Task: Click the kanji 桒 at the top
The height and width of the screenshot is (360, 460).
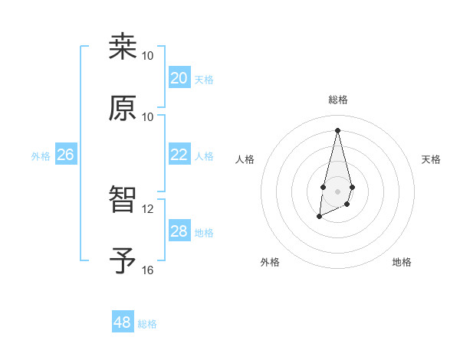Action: (x=123, y=47)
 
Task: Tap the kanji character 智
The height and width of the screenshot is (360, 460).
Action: (x=123, y=200)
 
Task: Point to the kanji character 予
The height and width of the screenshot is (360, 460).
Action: (x=123, y=260)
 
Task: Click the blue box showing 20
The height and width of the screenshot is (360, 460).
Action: (x=179, y=78)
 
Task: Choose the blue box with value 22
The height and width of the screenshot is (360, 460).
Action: (x=179, y=155)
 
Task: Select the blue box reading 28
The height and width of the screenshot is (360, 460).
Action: (x=179, y=231)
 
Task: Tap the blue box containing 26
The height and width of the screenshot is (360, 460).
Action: (x=65, y=155)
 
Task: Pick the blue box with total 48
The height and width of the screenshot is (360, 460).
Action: (x=123, y=322)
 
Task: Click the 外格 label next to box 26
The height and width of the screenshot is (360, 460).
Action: (x=41, y=155)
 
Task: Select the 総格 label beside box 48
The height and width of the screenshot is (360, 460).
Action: (x=147, y=324)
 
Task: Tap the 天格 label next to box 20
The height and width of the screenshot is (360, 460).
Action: (x=204, y=79)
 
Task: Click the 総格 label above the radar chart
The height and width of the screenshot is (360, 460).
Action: (x=338, y=100)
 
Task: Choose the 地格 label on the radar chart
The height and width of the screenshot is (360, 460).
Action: (x=402, y=262)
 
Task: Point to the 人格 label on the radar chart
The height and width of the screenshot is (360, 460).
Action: (x=245, y=159)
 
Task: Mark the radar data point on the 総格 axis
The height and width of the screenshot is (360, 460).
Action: (x=337, y=129)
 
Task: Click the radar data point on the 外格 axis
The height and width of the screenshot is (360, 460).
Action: (x=319, y=218)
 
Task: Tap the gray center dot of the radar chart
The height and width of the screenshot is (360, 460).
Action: (x=337, y=191)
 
